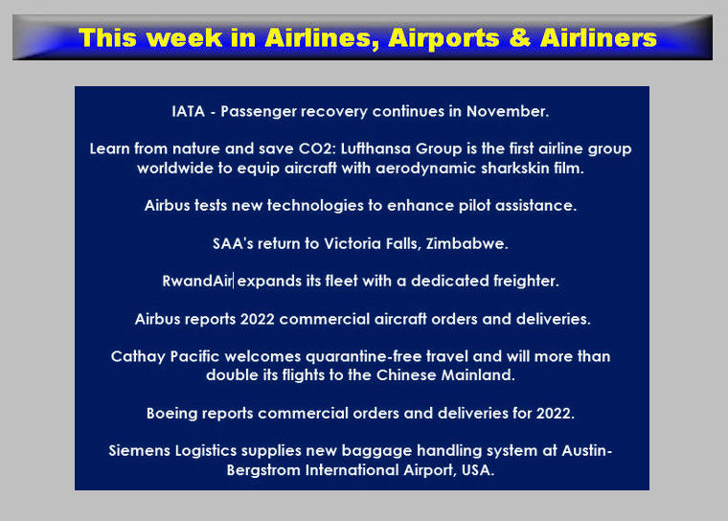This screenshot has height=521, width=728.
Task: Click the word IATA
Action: [188, 111]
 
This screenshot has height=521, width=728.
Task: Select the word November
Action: [508, 111]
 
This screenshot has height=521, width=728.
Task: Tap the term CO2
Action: [316, 148]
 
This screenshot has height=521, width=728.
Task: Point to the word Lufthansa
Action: [375, 148]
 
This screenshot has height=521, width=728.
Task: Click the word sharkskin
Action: [515, 168]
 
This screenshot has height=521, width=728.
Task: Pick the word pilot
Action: [474, 205]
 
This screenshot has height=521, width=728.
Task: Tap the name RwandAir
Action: [197, 281]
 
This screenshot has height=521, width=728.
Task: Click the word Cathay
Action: [138, 356]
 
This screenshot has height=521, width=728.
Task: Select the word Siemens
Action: [139, 451]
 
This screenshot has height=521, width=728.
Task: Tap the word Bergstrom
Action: [263, 470]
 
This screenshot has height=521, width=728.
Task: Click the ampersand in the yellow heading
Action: [520, 37]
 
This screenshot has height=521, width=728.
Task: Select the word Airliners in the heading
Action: [599, 37]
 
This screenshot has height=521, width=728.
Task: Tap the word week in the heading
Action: [187, 37]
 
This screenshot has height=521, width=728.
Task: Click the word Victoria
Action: [353, 243]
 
